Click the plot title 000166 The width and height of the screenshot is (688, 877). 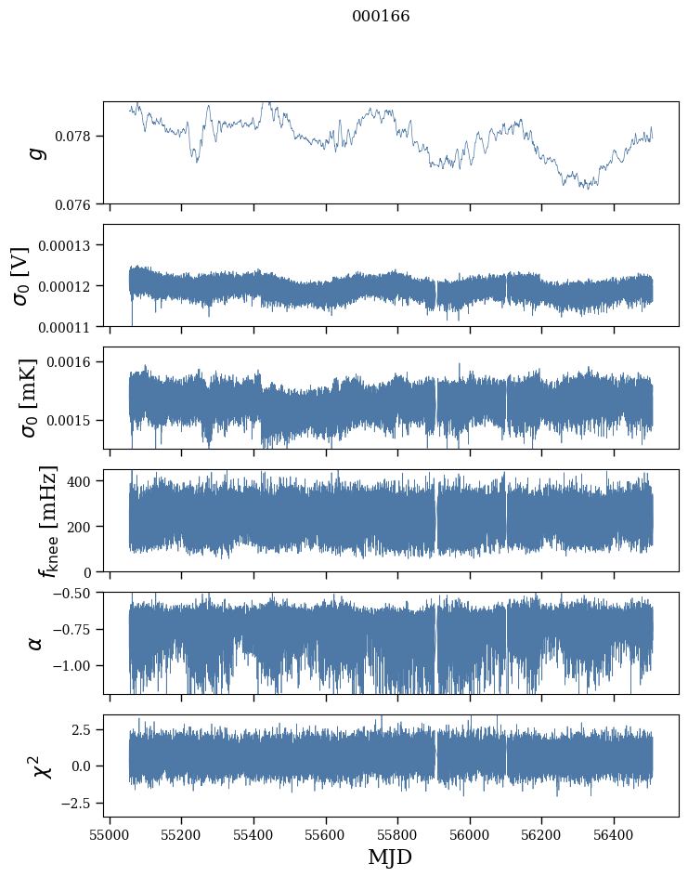[381, 17]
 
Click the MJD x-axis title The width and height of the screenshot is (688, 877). [390, 857]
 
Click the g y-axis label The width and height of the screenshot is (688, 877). [37, 152]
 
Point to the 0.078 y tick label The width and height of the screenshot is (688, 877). [77, 137]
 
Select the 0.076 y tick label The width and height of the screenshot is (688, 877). [77, 203]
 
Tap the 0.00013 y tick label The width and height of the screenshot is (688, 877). [71, 245]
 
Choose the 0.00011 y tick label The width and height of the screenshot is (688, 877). [71, 326]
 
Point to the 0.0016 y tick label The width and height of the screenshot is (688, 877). [73, 361]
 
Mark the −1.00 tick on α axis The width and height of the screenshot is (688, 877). [74, 666]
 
